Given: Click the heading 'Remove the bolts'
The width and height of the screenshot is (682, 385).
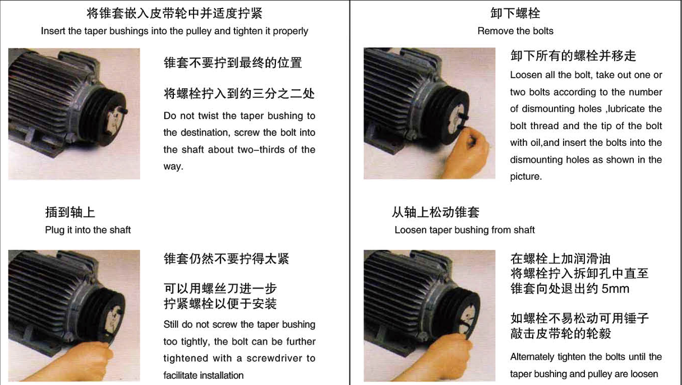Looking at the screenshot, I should coord(515,31).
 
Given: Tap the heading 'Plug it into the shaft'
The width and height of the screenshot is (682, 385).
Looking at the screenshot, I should coord(87,230).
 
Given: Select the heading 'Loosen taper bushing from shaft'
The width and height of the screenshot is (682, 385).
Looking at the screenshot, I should coord(464,230).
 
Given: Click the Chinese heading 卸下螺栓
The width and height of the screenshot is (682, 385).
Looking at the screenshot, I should coord(515,13).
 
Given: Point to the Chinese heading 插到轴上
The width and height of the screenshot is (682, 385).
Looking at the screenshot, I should coord(70,212).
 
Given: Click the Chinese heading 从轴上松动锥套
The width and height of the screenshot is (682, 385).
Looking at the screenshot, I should coord(435,212).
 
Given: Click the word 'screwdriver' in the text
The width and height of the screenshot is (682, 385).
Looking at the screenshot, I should coord(273,358).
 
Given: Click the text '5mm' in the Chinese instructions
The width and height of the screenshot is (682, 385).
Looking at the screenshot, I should coord(615,290).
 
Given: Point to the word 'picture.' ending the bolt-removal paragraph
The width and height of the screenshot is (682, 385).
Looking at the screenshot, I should coord(526,177).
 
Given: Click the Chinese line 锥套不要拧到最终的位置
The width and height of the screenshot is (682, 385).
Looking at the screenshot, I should coord(233,63).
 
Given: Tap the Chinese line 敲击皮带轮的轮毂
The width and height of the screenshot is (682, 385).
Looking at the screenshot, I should coord(560,334).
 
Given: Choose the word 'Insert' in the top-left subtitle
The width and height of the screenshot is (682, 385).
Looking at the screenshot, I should coord(53,31).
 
